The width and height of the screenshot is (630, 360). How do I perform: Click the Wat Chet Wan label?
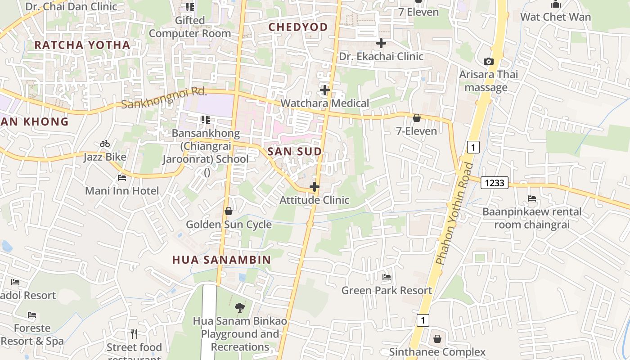[555, 17]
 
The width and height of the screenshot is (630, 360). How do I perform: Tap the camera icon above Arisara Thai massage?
[488, 61]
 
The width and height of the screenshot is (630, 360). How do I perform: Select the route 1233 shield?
[494, 183]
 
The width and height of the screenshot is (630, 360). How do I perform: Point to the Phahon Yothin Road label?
[454, 213]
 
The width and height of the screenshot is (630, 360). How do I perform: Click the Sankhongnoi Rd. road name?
[164, 98]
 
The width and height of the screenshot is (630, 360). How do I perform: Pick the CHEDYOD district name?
[298, 27]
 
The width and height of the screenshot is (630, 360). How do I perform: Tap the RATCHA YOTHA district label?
[82, 45]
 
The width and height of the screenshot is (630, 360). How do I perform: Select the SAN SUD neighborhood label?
[295, 152]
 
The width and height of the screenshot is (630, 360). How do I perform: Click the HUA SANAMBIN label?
[221, 260]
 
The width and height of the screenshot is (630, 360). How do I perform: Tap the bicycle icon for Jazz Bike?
[105, 144]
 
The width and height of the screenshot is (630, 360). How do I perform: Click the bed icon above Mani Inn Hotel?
[122, 177]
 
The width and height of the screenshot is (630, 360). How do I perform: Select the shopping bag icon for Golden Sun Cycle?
[229, 211]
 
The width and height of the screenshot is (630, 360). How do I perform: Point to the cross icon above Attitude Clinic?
[315, 186]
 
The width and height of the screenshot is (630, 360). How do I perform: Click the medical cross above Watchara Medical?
[324, 90]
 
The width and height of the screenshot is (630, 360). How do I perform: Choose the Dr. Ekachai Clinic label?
[381, 56]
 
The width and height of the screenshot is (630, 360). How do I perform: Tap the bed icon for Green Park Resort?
[387, 277]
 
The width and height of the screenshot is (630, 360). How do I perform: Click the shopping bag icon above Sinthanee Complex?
[437, 338]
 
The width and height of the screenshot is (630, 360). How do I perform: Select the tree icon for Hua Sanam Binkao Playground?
[240, 308]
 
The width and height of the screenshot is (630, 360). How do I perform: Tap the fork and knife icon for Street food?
[134, 333]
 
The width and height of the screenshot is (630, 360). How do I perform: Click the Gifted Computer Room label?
[190, 27]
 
